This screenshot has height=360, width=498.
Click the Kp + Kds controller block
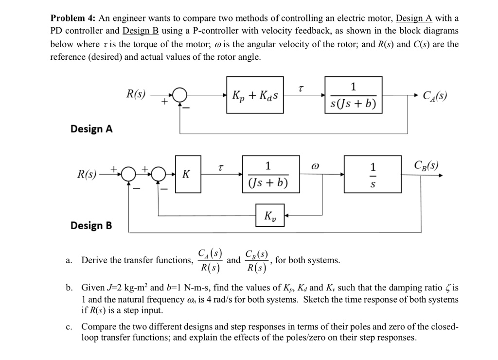point(255,95)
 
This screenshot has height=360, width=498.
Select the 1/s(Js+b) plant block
point(353,95)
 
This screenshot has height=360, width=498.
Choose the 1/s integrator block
point(373,174)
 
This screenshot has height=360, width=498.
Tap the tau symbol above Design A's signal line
point(302,88)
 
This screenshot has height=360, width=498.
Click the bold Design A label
point(91,129)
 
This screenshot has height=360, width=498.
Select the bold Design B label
point(91,226)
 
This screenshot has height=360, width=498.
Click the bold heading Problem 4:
point(73,18)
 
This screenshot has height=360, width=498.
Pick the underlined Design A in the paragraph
point(414,18)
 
